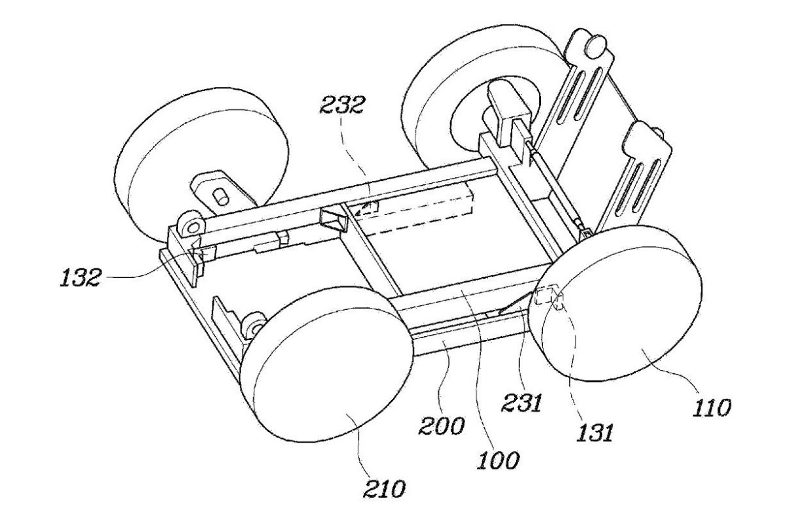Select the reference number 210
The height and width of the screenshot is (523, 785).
(x=387, y=488)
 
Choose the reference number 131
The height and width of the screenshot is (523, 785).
(x=595, y=431)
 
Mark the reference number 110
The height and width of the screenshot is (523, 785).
(x=712, y=409)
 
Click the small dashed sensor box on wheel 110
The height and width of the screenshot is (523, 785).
(x=550, y=297)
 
